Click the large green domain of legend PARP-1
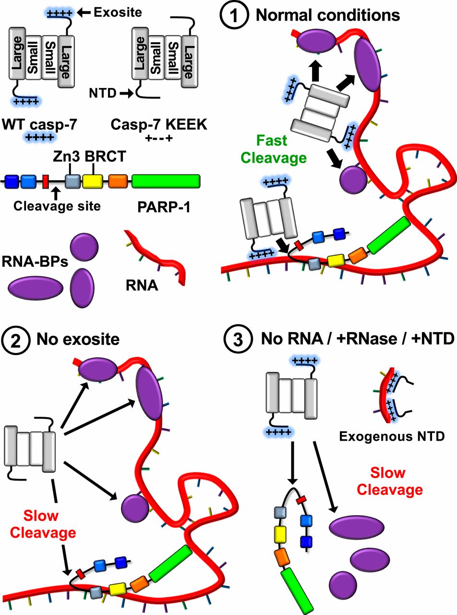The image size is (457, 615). pos(166,181)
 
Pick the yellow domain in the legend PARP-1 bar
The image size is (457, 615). pos(93,181)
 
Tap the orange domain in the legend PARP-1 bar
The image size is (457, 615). pos(117,181)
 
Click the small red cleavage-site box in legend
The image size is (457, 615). pos(46,181)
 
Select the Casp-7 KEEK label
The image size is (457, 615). pos(159,124)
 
